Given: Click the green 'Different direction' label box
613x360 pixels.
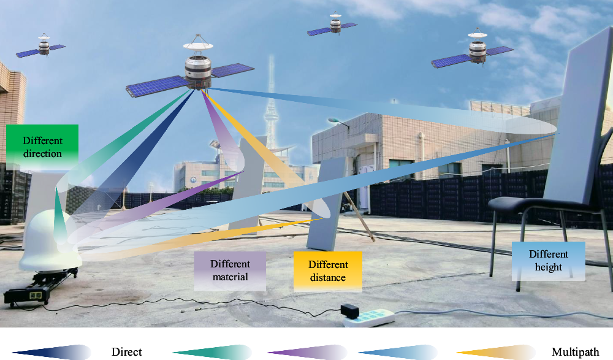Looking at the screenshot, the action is tap(43, 147).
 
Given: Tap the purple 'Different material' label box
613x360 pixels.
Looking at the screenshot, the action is tap(230, 270).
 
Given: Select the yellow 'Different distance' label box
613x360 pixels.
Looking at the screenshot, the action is tap(328, 270).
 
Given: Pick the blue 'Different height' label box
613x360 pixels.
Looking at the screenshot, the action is tap(549, 261).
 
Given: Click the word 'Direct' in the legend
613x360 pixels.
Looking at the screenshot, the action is tap(127, 352).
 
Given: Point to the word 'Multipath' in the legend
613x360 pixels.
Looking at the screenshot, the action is tap(575, 352).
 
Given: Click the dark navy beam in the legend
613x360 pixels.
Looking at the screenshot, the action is tap(52, 352).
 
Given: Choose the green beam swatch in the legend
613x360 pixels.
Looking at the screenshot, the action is tap(212, 352).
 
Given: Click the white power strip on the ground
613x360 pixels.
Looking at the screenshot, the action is tap(374, 316).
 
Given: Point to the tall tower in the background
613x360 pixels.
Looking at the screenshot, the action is tap(270, 110).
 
